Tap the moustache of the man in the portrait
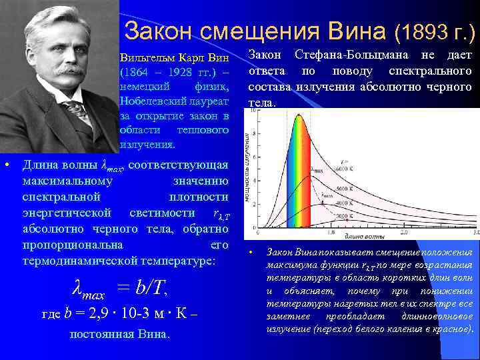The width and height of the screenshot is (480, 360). click(x=64, y=68)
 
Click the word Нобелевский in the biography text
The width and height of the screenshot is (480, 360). click(x=153, y=100)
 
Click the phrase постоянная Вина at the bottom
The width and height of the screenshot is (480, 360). click(x=119, y=333)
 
